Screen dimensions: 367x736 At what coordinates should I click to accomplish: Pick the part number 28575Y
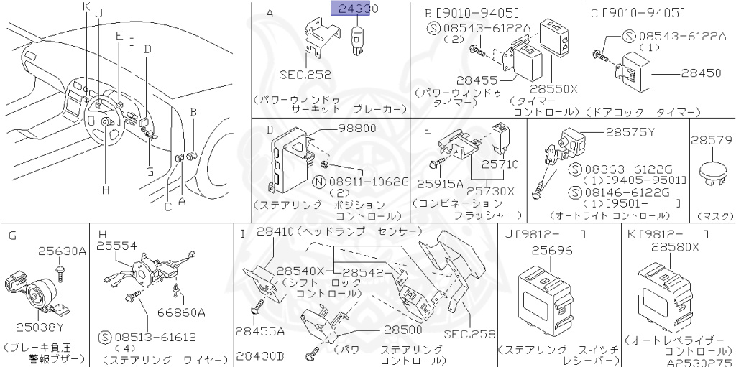(630, 131)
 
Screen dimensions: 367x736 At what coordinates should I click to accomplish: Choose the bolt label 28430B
(261, 356)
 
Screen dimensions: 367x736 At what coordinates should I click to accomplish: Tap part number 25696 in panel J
(552, 251)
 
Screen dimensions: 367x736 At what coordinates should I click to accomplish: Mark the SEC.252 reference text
(302, 74)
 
